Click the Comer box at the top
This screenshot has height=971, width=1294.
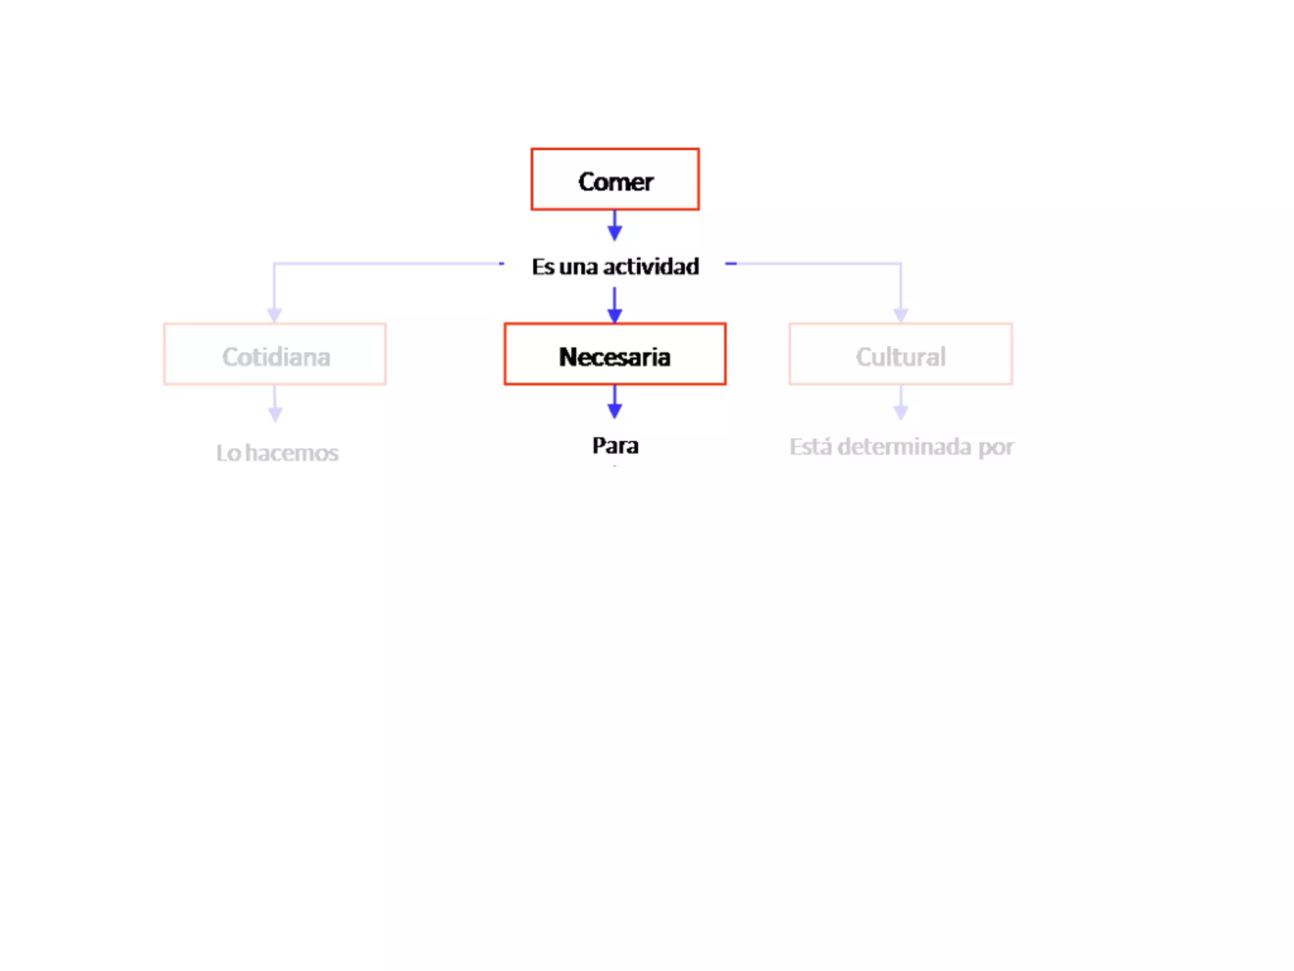pyautogui.click(x=615, y=180)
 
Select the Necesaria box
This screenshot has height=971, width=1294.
pyautogui.click(x=615, y=354)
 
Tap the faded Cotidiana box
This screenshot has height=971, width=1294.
pyautogui.click(x=275, y=354)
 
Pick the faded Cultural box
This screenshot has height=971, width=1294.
pyautogui.click(x=900, y=354)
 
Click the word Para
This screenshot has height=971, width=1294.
pyautogui.click(x=615, y=446)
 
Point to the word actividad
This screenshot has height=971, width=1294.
pyautogui.click(x=651, y=267)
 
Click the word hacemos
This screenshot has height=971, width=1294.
pyautogui.click(x=292, y=453)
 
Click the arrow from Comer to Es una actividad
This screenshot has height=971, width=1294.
pyautogui.click(x=615, y=226)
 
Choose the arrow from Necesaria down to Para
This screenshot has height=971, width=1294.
pyautogui.click(x=615, y=402)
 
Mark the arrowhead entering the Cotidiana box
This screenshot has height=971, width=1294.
pyautogui.click(x=274, y=315)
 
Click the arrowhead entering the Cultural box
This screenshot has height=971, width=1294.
pyautogui.click(x=900, y=315)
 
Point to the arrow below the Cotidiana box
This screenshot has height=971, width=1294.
pyautogui.click(x=275, y=405)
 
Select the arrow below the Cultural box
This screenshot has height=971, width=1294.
pyautogui.click(x=901, y=403)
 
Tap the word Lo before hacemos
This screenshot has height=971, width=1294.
pyautogui.click(x=228, y=453)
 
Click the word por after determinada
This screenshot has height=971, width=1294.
pyautogui.click(x=996, y=448)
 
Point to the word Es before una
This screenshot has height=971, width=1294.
pyautogui.click(x=543, y=267)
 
